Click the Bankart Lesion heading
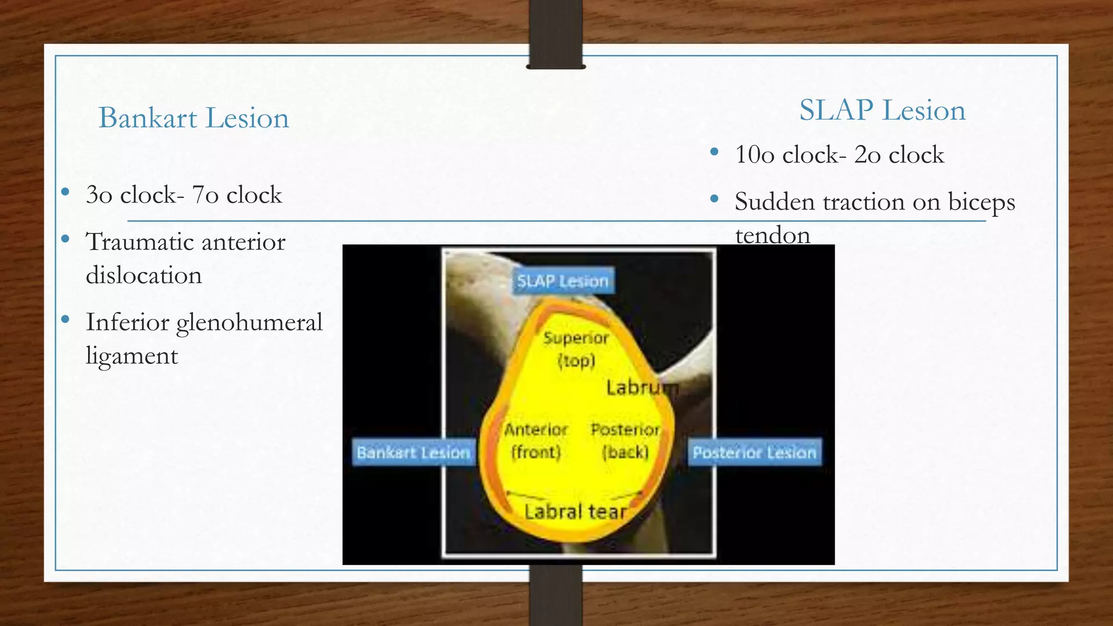(193, 118)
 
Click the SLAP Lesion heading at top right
(882, 110)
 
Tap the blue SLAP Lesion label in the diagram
(563, 281)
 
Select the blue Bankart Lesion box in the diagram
(414, 452)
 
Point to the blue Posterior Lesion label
(754, 452)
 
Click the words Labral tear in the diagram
(576, 511)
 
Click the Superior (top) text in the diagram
(576, 349)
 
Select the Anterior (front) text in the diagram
(536, 441)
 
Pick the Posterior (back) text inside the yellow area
(626, 441)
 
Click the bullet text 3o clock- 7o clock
(184, 195)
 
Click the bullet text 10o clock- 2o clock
(839, 155)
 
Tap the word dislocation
(144, 275)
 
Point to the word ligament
(132, 356)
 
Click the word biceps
(981, 203)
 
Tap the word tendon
(772, 235)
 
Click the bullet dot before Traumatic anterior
(66, 239)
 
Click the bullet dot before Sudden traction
(715, 199)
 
